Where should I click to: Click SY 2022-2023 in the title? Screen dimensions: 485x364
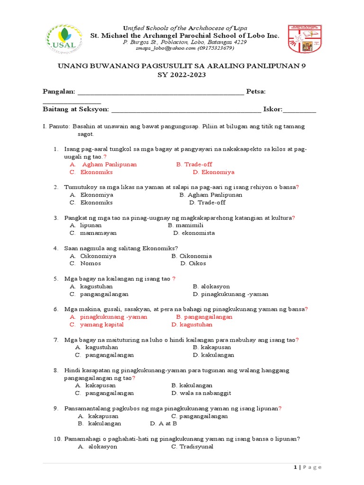(182, 75)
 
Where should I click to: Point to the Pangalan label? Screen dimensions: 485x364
(59, 91)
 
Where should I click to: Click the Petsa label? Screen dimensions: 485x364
(256, 91)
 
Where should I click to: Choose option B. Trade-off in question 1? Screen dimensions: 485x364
(194, 164)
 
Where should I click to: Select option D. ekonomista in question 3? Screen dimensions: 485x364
(194, 233)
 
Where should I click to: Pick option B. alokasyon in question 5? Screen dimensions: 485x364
(211, 287)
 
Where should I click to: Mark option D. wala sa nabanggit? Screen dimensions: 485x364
(201, 393)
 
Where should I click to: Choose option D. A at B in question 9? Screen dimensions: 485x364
(164, 423)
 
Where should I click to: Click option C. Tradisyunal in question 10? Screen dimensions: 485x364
(192, 447)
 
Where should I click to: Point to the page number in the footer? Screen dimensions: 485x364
(308, 467)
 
